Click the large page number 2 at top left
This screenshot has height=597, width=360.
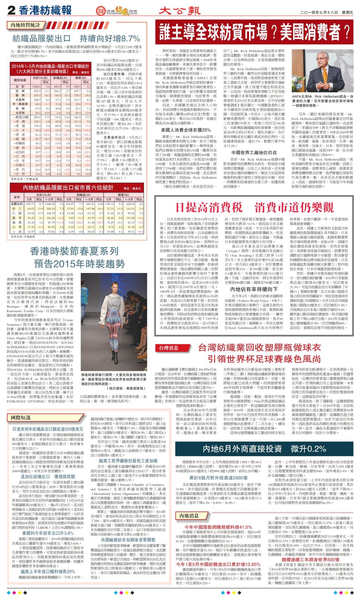12,11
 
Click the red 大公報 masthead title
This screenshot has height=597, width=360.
180,11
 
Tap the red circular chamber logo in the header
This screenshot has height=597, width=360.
100,11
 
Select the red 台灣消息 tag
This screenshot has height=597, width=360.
169,348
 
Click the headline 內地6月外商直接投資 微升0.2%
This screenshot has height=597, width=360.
264,449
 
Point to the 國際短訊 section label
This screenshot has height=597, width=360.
21,418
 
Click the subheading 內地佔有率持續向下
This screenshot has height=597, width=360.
254,289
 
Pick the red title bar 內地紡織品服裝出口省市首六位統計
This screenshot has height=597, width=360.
68,187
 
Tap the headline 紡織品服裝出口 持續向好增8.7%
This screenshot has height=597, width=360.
76,39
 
